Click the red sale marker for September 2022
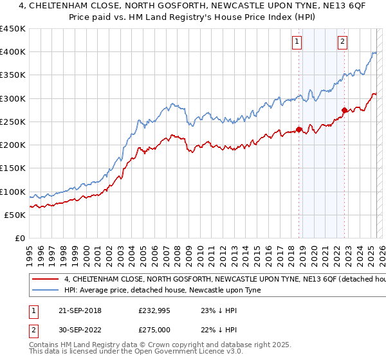pos(344,110)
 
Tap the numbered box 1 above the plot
pos(297,42)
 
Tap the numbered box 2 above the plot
pos(342,42)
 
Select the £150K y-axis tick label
pos(13,168)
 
